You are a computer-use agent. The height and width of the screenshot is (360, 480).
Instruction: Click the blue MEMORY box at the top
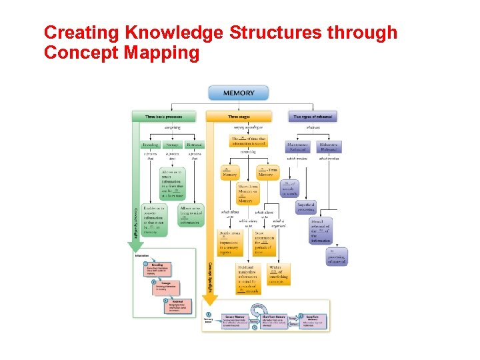[238, 93]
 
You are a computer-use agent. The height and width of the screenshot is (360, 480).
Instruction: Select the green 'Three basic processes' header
[163, 117]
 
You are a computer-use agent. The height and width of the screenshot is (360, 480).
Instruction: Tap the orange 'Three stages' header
[239, 117]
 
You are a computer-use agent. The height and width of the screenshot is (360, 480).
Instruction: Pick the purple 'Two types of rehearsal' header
[314, 117]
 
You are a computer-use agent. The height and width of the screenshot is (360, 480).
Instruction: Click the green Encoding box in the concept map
[151, 144]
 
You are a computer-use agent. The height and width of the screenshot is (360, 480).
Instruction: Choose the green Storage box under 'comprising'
[173, 144]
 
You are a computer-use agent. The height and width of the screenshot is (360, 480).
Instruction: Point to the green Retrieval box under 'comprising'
[194, 144]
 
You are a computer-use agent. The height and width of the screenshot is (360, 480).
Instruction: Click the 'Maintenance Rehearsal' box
[297, 146]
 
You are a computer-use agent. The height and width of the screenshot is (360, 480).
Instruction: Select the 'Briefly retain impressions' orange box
[231, 243]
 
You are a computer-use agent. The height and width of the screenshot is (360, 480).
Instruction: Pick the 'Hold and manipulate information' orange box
[248, 279]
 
